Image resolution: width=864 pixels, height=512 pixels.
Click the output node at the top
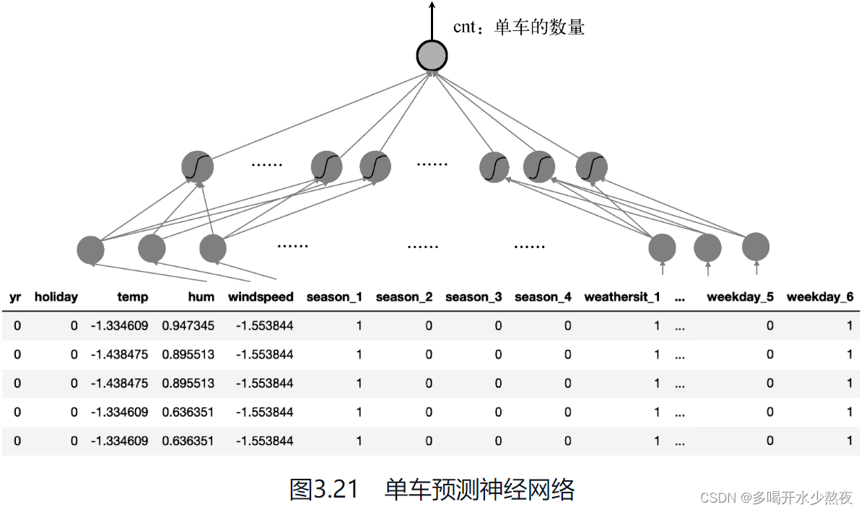click(432, 55)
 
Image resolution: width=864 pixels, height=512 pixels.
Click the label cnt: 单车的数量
click(518, 27)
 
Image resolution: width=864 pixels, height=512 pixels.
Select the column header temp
click(132, 296)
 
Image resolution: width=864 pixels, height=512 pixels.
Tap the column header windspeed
click(261, 296)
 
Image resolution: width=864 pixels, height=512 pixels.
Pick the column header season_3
click(473, 296)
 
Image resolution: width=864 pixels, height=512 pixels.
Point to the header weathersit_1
click(621, 296)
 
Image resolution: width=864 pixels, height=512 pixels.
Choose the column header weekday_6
click(819, 296)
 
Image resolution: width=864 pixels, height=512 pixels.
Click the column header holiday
click(56, 296)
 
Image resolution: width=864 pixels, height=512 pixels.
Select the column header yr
click(15, 296)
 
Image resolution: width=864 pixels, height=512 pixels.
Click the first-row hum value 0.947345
click(188, 325)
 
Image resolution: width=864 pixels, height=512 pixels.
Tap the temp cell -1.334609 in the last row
click(119, 441)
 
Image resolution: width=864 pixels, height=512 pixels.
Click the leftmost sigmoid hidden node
click(197, 167)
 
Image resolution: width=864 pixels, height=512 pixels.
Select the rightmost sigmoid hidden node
click(591, 167)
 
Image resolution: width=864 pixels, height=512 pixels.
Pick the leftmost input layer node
click(91, 250)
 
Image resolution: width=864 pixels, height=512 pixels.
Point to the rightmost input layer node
click(756, 247)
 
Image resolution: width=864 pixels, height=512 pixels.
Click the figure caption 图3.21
click(323, 490)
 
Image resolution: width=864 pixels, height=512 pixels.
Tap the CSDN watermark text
click(777, 497)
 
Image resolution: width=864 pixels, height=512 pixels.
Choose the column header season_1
click(334, 296)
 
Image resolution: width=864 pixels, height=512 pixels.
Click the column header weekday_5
click(740, 296)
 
